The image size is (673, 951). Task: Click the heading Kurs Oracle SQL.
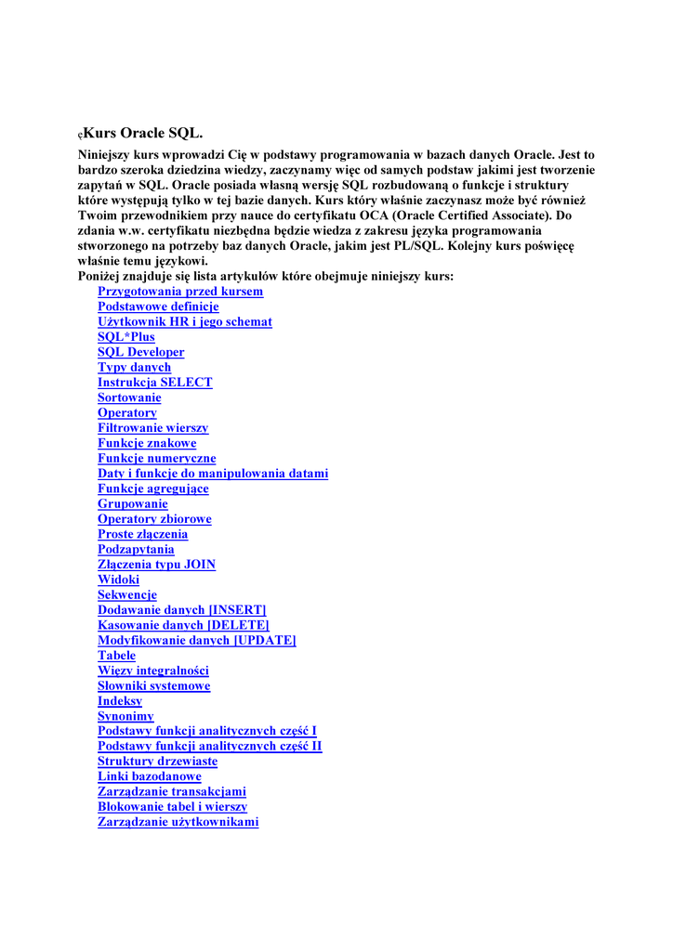[142, 134]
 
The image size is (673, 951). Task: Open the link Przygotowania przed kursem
[180, 292]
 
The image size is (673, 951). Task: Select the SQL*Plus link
[126, 337]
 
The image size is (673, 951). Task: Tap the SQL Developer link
[141, 352]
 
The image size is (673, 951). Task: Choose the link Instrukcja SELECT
[155, 383]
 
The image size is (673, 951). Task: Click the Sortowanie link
[129, 397]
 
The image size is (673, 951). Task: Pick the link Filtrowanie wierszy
[153, 428]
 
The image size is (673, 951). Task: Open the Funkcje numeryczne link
[157, 458]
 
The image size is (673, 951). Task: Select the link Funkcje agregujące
[153, 489]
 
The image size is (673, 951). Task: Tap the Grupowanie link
[133, 503]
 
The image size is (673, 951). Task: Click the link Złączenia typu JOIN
[157, 565]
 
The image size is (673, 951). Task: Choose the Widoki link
[119, 580]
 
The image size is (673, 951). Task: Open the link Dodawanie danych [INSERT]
[182, 610]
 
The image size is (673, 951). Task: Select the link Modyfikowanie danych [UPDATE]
[197, 640]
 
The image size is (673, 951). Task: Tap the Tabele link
[117, 656]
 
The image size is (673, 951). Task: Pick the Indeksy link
[120, 701]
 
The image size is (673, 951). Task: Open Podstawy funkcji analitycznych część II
[210, 747]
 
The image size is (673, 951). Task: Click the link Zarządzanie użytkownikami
[178, 822]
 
